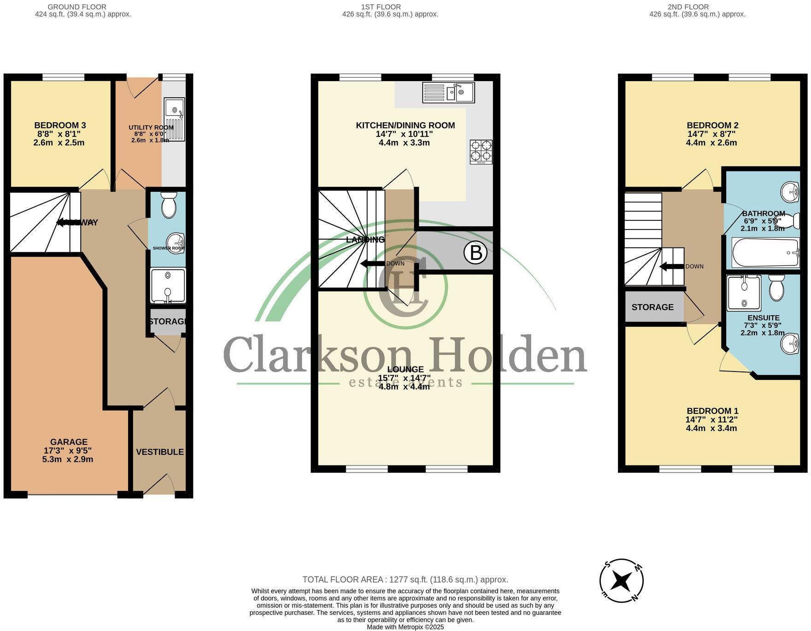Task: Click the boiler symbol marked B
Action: coord(476,253)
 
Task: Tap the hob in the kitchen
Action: coord(481,152)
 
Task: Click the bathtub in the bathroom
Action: coord(765,253)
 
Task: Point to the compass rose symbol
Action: coord(621,581)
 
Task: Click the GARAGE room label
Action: coord(69,442)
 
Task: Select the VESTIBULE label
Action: coord(160,452)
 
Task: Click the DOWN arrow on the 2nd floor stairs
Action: coord(671,266)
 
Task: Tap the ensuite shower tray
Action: coord(744,292)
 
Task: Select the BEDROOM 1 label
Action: coord(712,411)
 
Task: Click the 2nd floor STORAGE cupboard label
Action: coord(652,307)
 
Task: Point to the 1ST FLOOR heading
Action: coord(381,7)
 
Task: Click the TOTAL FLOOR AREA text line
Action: coord(405,579)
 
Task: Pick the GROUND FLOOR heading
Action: coord(77,7)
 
